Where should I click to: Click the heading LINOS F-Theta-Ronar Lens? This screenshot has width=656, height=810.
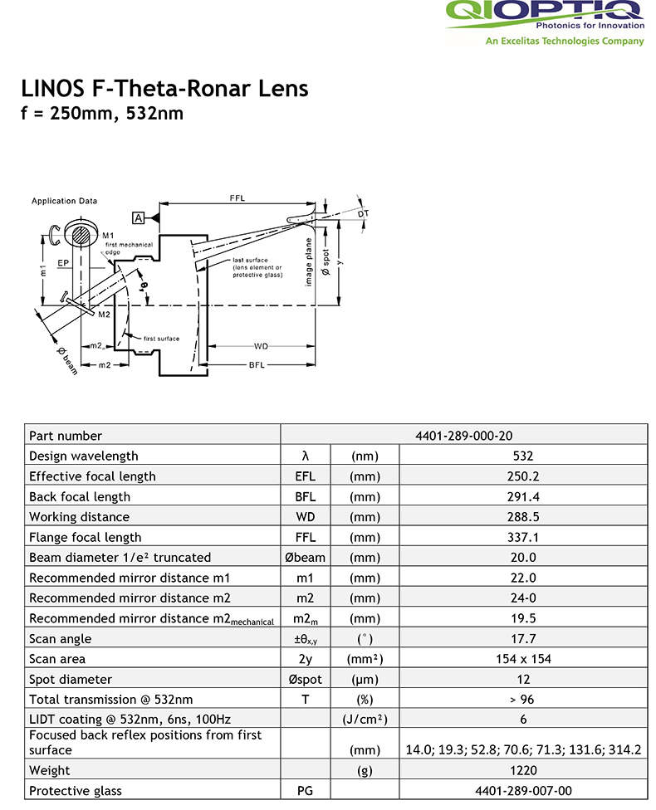coord(164,89)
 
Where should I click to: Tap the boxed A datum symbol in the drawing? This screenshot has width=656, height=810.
coord(138,217)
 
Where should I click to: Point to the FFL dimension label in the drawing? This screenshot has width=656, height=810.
coord(237,198)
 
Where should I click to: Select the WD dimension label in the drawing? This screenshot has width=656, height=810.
coord(261,345)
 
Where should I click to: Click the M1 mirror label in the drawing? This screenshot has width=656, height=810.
coord(108,236)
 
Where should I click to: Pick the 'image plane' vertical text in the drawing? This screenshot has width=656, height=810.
coord(308,263)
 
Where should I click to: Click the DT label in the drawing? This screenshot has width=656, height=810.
coord(363,214)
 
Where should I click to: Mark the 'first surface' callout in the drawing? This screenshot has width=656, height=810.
coord(161,339)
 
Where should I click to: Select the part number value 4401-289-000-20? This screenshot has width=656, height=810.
coord(464,435)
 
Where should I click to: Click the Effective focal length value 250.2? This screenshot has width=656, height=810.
coord(523,476)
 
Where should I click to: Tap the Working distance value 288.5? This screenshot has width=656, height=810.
coord(523,516)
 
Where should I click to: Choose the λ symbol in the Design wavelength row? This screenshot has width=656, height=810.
coord(306,456)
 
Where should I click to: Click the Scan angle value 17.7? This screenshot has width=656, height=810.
coord(523,638)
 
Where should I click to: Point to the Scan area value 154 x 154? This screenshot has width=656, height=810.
coord(523,659)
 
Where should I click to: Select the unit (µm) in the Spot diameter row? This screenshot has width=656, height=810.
coord(365,679)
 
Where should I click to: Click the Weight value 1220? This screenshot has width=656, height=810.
coord(523,770)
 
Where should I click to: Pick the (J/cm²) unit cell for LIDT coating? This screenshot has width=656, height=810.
coord(365,720)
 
